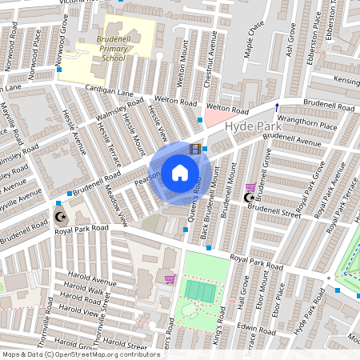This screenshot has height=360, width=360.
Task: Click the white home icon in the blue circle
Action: click(x=180, y=172)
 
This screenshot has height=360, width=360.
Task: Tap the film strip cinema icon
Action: click(x=194, y=149)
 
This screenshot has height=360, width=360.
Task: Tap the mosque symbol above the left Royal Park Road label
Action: click(x=61, y=216)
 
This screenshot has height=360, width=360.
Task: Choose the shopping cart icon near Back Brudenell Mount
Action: click(x=250, y=186)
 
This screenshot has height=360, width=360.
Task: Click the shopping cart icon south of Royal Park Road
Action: click(x=169, y=279)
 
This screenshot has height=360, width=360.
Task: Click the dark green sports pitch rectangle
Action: click(x=200, y=290)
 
